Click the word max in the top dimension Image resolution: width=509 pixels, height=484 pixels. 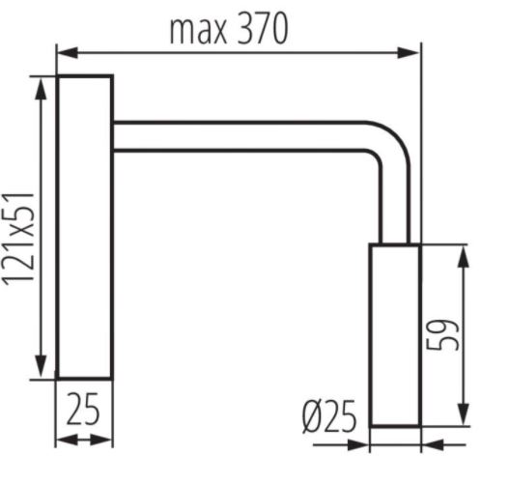click(198, 31)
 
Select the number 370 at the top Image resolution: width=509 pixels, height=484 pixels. click(263, 29)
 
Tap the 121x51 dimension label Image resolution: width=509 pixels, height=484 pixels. click(19, 239)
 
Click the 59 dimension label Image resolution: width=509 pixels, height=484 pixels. click(443, 334)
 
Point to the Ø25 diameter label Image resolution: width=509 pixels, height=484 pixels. click(329, 416)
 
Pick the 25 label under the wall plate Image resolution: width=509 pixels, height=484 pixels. click(82, 409)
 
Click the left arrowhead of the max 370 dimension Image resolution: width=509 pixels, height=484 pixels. click(69, 52)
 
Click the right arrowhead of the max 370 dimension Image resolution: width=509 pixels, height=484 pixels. click(409, 52)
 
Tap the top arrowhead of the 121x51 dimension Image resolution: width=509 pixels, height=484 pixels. click(41, 89)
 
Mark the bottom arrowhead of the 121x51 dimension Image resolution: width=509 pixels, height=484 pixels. click(41, 367)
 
